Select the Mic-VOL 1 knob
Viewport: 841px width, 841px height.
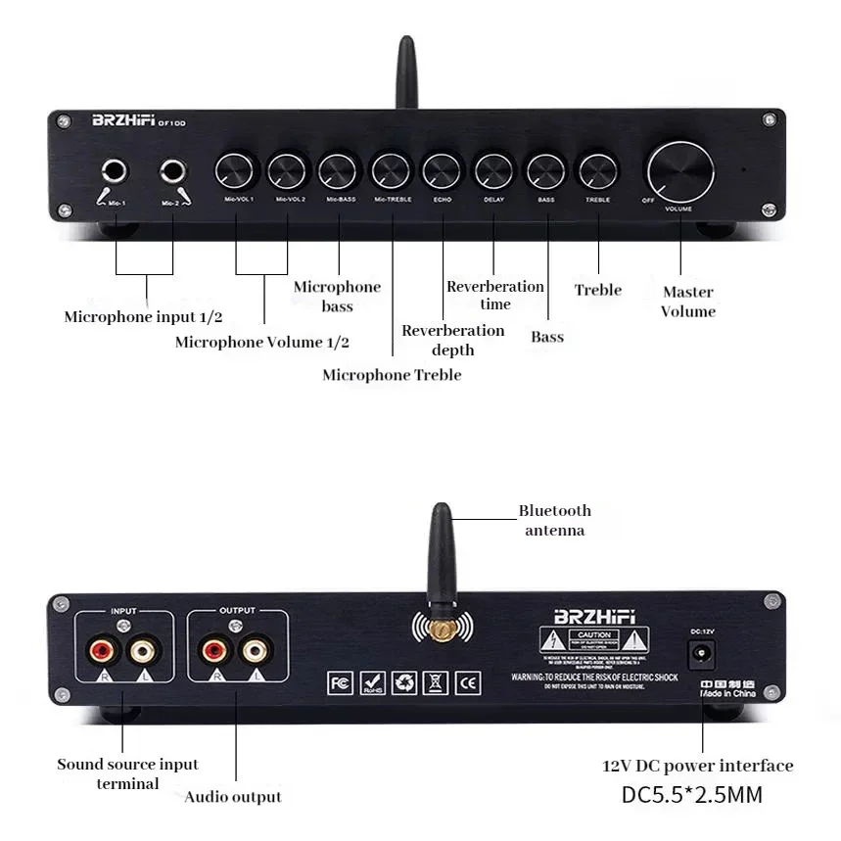click(x=236, y=171)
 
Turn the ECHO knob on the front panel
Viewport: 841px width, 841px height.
click(x=442, y=171)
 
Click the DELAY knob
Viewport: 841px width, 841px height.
click(x=493, y=171)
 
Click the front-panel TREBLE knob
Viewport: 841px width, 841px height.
click(x=596, y=171)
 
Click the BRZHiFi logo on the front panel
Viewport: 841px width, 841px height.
click(x=124, y=122)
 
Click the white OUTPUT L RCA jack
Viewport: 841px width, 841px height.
click(x=256, y=648)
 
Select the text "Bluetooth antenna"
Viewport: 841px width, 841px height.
click(x=554, y=520)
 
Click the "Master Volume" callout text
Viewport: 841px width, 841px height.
click(x=687, y=302)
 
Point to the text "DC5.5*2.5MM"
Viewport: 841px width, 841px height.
click(x=691, y=794)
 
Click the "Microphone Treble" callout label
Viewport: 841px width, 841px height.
click(x=392, y=375)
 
